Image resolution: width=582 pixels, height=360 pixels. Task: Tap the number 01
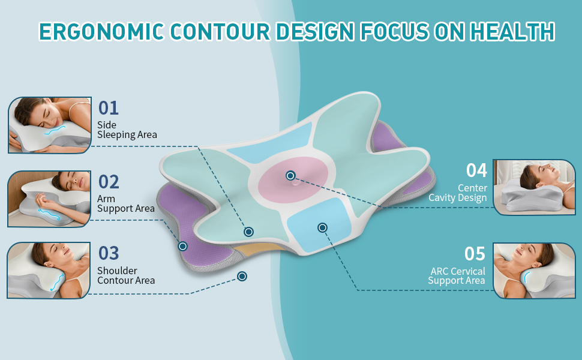[x=109, y=108]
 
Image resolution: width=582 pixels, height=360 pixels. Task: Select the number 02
[x=109, y=181]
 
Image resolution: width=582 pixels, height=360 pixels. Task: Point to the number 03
[x=109, y=253]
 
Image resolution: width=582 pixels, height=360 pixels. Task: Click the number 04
[x=476, y=170]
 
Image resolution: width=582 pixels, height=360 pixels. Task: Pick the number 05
[x=475, y=254]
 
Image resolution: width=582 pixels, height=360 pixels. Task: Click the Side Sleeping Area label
[x=127, y=130]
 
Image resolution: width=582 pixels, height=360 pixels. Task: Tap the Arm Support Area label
[x=125, y=203]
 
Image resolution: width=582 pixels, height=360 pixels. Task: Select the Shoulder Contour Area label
[x=126, y=275]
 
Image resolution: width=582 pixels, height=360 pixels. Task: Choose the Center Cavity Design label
[x=458, y=193]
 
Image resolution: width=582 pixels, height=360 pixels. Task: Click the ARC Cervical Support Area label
[x=457, y=276]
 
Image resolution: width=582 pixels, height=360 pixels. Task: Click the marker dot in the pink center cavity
[x=290, y=176]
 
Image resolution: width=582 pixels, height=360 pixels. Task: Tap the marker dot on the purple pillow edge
[x=182, y=246]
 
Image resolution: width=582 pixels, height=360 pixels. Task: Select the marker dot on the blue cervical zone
[x=322, y=227]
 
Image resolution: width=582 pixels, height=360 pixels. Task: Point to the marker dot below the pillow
[x=242, y=276]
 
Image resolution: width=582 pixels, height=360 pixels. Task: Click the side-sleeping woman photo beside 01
[x=50, y=125]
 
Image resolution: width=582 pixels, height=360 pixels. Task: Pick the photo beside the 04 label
[x=533, y=187]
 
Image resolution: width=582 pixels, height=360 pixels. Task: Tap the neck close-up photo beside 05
[x=533, y=270]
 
